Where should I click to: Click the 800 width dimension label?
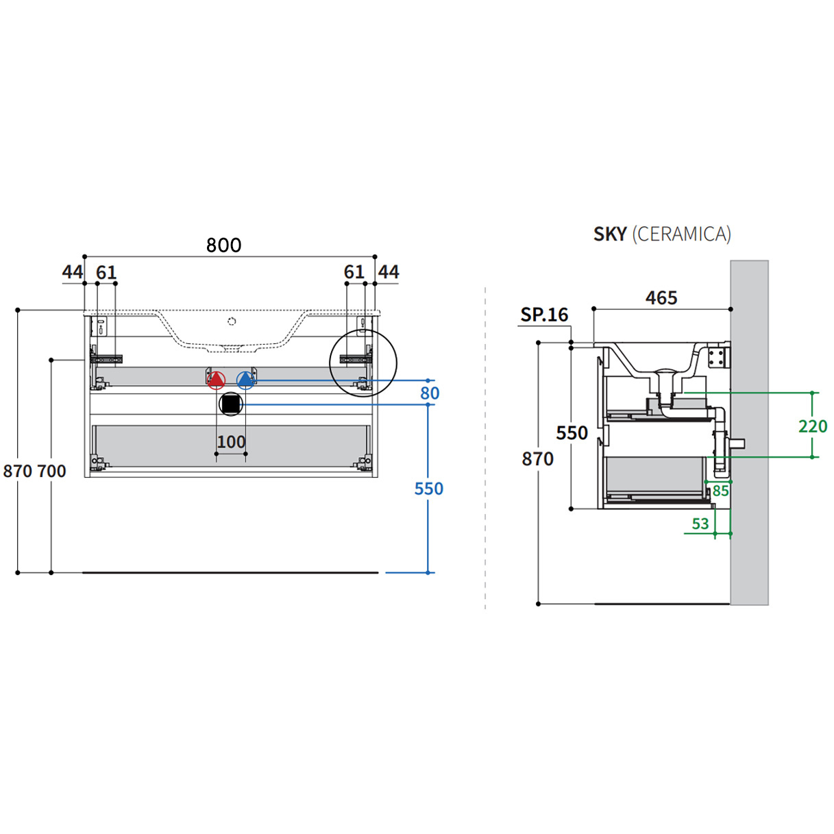[x=223, y=245]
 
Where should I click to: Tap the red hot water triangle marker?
[x=216, y=379]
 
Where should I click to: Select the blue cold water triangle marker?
[x=245, y=379]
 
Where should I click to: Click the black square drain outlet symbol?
[x=231, y=404]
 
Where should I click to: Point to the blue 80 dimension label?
[x=430, y=393]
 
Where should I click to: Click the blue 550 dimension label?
[x=429, y=489]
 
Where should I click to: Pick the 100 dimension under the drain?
[x=231, y=442]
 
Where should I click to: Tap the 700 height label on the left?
[x=51, y=471]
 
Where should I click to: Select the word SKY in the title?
[x=610, y=234]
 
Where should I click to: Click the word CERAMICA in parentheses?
[x=681, y=234]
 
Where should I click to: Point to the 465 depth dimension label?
[x=661, y=298]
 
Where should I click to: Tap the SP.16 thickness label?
[x=544, y=315]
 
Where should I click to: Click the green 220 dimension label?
[x=813, y=426]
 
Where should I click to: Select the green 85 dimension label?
[x=720, y=491]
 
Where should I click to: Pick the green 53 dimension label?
[x=700, y=524]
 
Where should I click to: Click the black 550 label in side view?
[x=572, y=433]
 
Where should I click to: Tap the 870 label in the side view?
[x=537, y=459]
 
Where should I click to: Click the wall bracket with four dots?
[x=717, y=356]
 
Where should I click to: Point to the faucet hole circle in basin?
[x=232, y=321]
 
